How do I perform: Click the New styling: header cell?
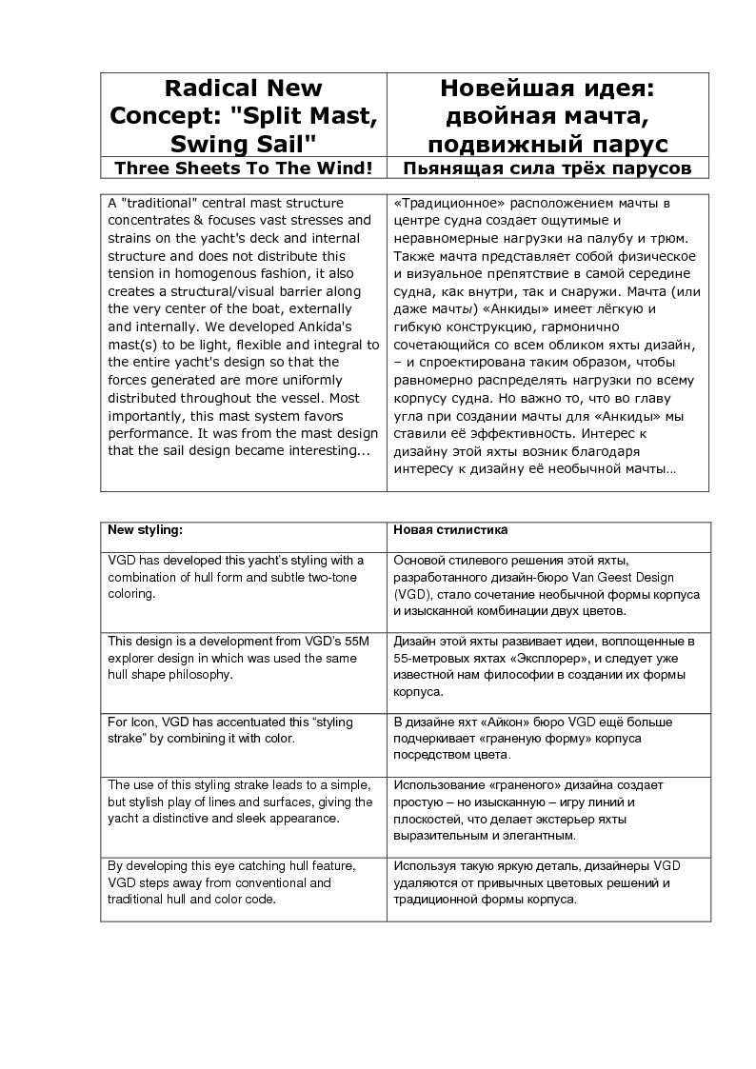coord(145,529)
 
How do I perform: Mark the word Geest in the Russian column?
coord(625,577)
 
